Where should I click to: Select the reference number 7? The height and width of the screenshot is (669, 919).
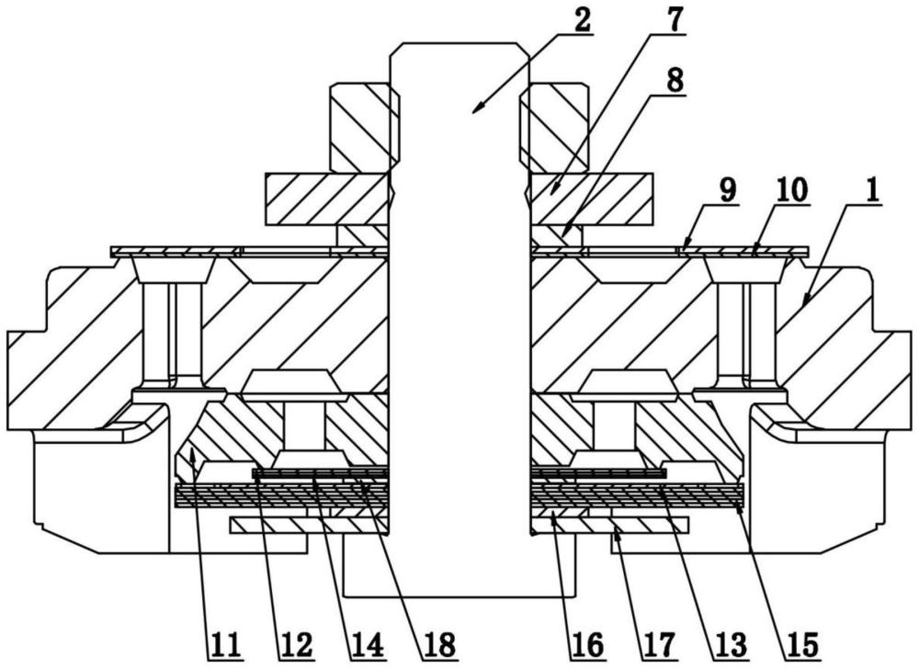tap(675, 19)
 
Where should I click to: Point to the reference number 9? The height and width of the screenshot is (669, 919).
tap(726, 191)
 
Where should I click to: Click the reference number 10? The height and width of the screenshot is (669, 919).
tap(791, 191)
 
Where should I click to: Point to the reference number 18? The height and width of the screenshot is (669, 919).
tap(440, 643)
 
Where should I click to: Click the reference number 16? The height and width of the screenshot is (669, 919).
tap(584, 643)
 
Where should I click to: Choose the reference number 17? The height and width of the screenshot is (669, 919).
tap(659, 643)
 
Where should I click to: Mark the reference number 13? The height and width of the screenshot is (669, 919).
tap(732, 643)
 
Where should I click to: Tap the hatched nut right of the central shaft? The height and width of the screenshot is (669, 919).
tap(554, 125)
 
